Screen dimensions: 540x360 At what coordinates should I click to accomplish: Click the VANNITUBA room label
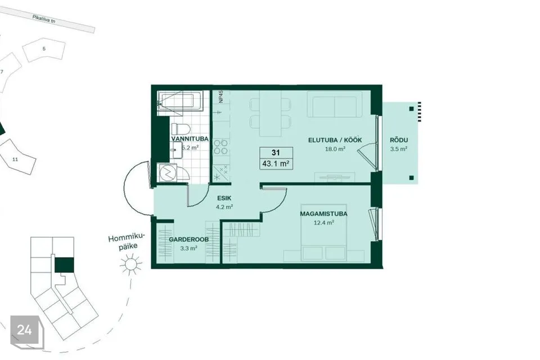190,139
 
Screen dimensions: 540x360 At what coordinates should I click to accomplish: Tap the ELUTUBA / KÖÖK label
335,140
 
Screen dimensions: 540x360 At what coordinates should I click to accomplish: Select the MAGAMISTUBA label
324,214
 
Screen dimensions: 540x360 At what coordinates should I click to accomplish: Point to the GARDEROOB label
189,240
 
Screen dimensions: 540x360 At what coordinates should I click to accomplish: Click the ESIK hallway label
224,198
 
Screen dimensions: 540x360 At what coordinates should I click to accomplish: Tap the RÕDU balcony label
399,140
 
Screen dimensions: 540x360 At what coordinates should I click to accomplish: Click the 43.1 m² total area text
276,164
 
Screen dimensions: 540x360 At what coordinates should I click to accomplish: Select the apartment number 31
276,152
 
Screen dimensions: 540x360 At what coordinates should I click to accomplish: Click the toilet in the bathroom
181,129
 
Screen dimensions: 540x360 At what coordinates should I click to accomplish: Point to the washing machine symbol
168,173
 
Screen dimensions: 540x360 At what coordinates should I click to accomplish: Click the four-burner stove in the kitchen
220,147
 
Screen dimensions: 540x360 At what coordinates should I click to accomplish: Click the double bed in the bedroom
324,238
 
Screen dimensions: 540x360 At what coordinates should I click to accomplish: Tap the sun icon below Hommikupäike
130,264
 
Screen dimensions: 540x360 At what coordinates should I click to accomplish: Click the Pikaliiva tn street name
44,19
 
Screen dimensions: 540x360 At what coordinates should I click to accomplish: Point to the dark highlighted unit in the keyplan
64,265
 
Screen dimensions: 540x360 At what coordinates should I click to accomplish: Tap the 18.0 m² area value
335,149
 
